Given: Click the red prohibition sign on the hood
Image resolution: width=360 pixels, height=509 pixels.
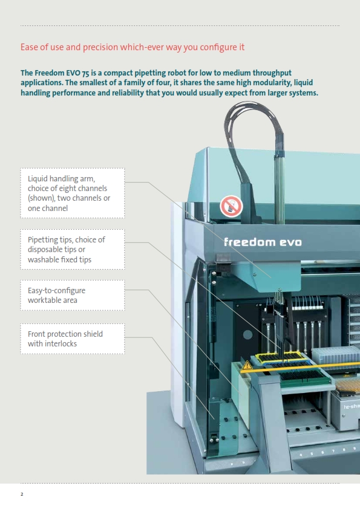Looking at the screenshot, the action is pos(231,206).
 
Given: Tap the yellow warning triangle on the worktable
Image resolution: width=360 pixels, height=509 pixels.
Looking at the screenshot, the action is pos(247,365).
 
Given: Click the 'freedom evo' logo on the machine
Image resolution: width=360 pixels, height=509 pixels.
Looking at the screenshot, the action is pos(263,242).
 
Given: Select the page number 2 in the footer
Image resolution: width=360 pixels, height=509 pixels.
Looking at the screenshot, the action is pos(22,494).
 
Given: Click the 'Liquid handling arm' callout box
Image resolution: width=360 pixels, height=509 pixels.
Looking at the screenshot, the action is pos(73,193).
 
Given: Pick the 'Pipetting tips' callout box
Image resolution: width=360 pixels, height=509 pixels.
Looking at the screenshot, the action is pos(73,249).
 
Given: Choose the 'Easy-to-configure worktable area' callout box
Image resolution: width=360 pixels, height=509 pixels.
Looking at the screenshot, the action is pos(73,295).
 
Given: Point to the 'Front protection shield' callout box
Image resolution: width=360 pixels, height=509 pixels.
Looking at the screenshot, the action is pos(73,339).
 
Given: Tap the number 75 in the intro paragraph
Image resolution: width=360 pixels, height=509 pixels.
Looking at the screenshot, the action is pos(85,73).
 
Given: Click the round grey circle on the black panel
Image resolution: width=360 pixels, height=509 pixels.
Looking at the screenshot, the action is pos(247,335).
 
